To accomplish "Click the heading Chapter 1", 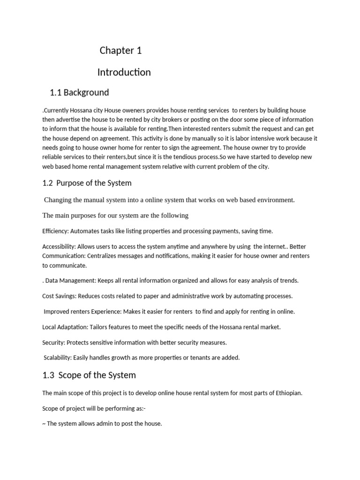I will pyautogui.click(x=120, y=51).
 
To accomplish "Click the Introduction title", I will pyautogui.click(x=124, y=72).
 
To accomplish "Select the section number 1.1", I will pyautogui.click(x=55, y=92).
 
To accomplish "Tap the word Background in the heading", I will pyautogui.click(x=86, y=92).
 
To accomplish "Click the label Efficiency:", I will pyautogui.click(x=57, y=231).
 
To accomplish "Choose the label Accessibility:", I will pyautogui.click(x=59, y=247).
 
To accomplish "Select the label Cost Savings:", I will pyautogui.click(x=59, y=296).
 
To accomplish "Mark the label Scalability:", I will pyautogui.click(x=58, y=358).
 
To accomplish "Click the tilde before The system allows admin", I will pyautogui.click(x=44, y=424).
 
